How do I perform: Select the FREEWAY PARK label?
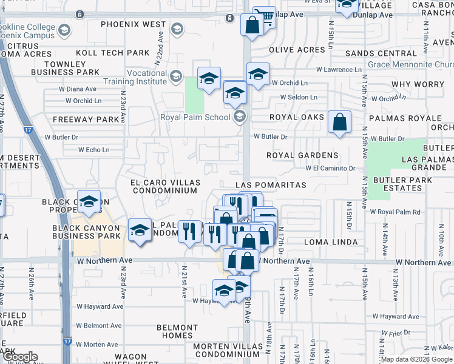coord(86,120)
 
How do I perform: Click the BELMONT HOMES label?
coord(175,331)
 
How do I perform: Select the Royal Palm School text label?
coord(195,117)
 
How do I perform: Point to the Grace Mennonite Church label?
coord(410,64)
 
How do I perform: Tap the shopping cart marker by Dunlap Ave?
coord(264,17)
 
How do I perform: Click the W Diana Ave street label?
coord(78,89)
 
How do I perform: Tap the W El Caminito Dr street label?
coord(330,168)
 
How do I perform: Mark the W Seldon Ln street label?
coord(299,96)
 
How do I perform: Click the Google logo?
coord(19,357)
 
